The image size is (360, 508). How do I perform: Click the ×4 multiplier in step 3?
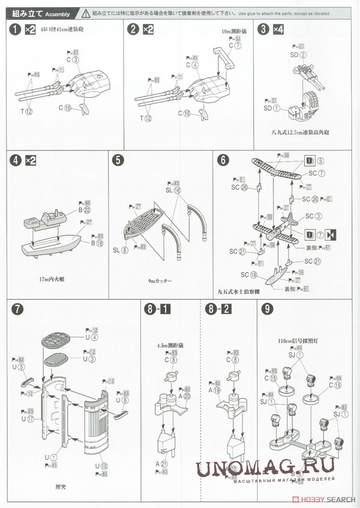[278, 29]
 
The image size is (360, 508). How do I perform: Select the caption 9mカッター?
[159, 281]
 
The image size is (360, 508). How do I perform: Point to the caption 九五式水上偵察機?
[239, 292]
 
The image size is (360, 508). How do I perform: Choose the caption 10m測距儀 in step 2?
[231, 31]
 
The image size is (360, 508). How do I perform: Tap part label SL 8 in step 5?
[120, 250]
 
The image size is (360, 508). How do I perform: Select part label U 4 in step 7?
[92, 337]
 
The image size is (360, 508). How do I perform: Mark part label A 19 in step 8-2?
[215, 390]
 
